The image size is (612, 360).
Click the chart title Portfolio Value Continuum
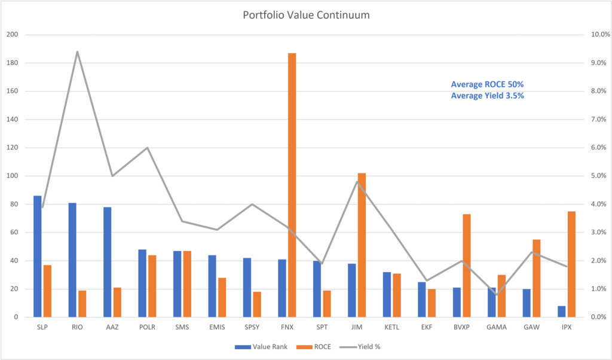[305, 14]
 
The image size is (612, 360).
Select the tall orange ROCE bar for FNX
[292, 185]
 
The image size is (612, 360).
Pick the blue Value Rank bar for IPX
[561, 312]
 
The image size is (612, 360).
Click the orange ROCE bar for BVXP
[466, 266]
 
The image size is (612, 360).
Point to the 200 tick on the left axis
[12, 35]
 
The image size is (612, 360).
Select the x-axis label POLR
[147, 327]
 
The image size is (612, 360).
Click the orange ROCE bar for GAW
[536, 278]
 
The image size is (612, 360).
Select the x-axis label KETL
[391, 327]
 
